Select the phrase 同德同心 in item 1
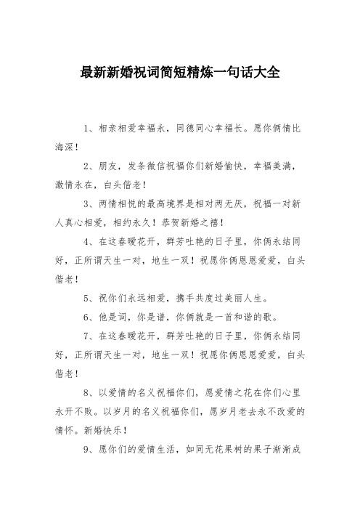(x=208, y=128)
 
